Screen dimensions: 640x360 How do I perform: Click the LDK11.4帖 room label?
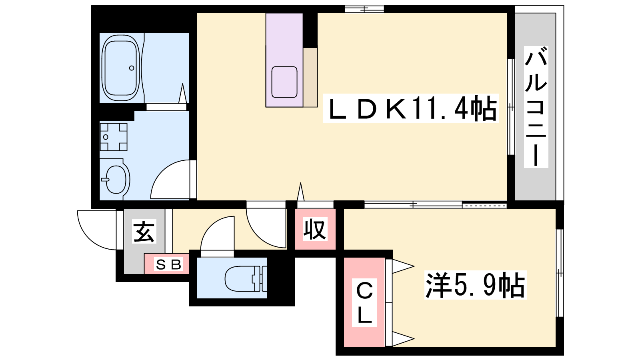tap(410, 108)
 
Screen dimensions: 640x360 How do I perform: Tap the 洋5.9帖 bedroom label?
tap(476, 285)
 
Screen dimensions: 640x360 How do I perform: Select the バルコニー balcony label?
tap(536, 107)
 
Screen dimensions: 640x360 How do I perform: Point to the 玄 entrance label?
tap(144, 232)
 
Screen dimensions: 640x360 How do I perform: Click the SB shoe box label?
tap(168, 264)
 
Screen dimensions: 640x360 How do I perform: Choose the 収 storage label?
tap(315, 229)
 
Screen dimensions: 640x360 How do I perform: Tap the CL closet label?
tap(364, 302)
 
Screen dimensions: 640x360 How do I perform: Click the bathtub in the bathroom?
tap(121, 68)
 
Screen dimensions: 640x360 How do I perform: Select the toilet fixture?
tap(246, 279)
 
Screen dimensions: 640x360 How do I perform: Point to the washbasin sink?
tap(116, 179)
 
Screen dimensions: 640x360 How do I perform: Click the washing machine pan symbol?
tap(114, 137)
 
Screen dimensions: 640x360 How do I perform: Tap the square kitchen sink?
tap(284, 82)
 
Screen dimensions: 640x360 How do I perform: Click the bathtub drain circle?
tap(132, 68)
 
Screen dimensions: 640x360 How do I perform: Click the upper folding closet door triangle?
tap(403, 266)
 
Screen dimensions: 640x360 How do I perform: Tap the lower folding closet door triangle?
tap(403, 339)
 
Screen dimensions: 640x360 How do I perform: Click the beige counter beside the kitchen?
tap(310, 78)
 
